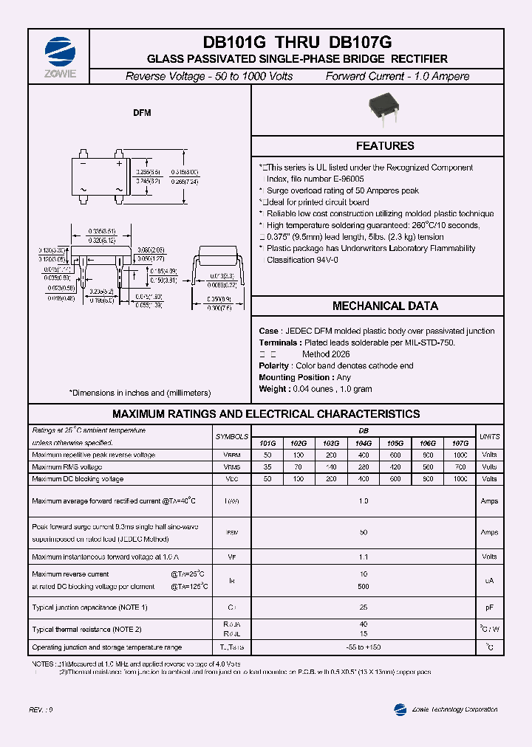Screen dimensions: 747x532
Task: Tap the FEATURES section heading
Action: [385, 146]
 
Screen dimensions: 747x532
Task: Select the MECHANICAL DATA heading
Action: [385, 306]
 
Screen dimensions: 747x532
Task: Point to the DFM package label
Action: [142, 113]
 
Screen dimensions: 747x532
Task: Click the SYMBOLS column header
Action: [232, 437]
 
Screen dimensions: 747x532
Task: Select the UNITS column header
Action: [489, 437]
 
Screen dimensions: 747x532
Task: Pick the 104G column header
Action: [364, 443]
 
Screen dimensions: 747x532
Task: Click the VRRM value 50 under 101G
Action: [267, 455]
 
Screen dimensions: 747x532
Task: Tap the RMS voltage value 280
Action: [364, 467]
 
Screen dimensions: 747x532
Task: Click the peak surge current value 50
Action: [364, 532]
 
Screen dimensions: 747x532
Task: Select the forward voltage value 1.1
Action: [364, 557]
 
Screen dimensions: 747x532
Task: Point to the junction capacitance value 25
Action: [364, 607]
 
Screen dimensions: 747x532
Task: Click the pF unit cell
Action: [489, 607]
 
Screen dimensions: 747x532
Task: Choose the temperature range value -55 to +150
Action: [364, 647]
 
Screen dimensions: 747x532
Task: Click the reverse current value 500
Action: [364, 587]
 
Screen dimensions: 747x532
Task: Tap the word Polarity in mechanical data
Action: [274, 366]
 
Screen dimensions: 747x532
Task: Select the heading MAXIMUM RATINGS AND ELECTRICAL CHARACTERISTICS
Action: [266, 414]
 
